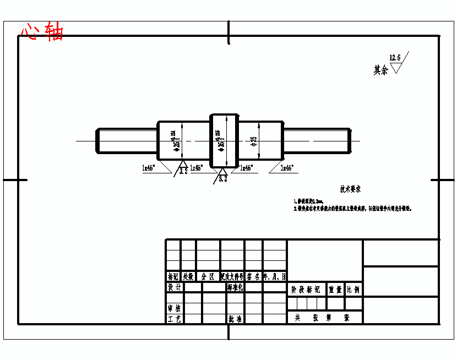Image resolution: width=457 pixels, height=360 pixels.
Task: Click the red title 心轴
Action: (42, 31)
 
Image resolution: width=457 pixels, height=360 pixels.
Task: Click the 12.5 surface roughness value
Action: (395, 57)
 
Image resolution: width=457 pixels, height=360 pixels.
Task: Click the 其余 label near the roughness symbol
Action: (380, 70)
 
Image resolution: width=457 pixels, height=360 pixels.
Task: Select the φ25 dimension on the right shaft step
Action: (254, 141)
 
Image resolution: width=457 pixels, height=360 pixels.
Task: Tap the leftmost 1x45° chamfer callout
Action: (149, 167)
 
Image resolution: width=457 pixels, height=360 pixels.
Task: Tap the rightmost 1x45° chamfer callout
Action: (287, 167)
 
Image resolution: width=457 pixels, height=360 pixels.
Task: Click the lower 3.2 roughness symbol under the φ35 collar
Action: (222, 177)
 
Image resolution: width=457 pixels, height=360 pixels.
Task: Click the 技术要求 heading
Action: (350, 189)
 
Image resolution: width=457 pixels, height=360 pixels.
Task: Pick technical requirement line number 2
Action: (352, 209)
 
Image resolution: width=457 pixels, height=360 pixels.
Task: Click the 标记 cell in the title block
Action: (173, 276)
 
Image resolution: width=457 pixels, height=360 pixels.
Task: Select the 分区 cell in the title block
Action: (208, 276)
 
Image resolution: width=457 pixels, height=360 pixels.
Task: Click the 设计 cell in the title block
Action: (174, 287)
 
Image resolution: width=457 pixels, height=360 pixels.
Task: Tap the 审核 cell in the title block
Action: (174, 308)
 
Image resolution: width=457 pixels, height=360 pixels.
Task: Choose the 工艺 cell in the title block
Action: (174, 319)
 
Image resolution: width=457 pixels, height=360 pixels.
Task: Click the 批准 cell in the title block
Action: (235, 319)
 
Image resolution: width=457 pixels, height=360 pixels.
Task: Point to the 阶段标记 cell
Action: (306, 289)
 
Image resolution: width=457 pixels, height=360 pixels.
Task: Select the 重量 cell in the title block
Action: (335, 289)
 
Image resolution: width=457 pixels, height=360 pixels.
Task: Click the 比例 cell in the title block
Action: (353, 289)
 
